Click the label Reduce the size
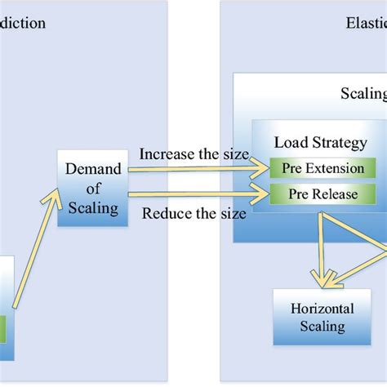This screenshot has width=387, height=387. click(x=193, y=214)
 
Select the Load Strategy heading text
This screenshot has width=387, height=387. click(x=320, y=143)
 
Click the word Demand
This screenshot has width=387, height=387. click(x=92, y=169)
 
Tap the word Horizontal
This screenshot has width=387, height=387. click(x=322, y=308)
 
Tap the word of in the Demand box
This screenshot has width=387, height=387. click(x=92, y=189)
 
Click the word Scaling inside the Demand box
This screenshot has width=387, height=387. click(x=92, y=207)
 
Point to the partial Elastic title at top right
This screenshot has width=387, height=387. click(x=363, y=23)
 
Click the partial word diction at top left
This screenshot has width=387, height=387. click(x=23, y=23)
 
